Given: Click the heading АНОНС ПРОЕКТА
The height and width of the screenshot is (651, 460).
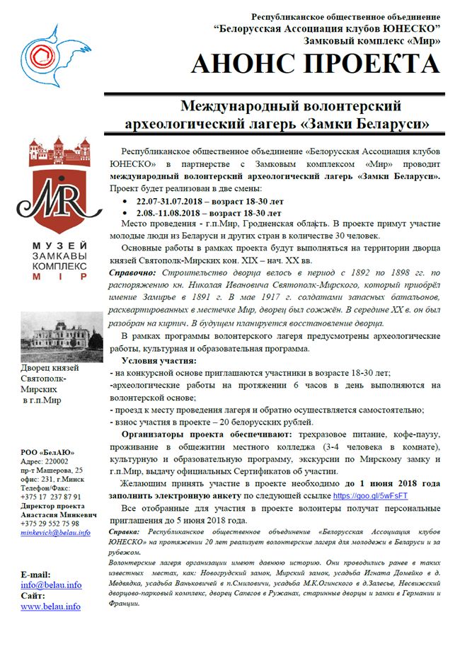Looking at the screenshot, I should coord(315,65).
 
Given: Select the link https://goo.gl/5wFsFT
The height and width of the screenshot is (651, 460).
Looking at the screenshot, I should coord(369,497).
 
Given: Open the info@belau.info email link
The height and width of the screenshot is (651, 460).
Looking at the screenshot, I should coord(51,585).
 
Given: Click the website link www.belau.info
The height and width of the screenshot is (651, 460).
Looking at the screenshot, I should coord(50,606).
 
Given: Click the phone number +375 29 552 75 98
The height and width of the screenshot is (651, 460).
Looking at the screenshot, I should coord(50,505).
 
